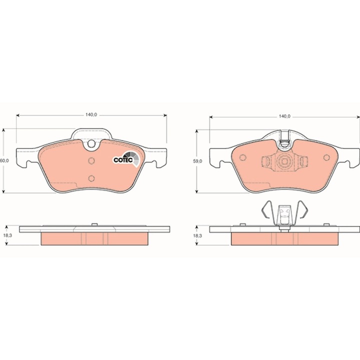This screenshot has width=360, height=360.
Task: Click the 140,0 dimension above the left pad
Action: pos(91,115)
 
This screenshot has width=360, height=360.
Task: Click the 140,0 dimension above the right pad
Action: pos(284,116)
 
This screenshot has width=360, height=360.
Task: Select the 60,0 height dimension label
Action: pos(4,160)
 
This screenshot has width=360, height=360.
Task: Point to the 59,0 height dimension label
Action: pos(197,161)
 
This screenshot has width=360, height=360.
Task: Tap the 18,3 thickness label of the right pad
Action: pos(197,235)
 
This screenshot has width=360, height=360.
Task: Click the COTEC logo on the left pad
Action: pos(126,158)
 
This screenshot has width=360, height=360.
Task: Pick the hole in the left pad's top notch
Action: pos(91,143)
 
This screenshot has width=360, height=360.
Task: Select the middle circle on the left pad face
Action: pos(91,160)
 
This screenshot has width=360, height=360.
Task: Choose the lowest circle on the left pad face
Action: pos(91,178)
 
